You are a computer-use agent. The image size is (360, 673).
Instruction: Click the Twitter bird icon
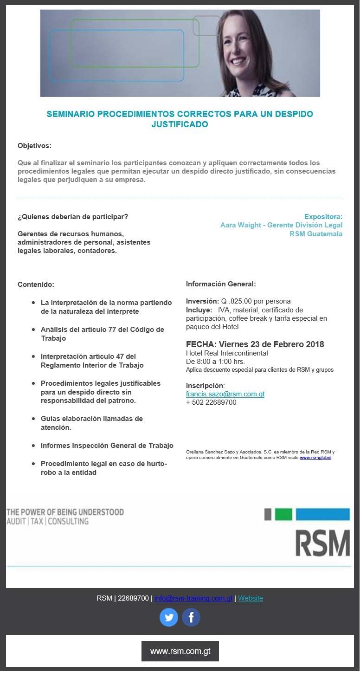click(169, 617)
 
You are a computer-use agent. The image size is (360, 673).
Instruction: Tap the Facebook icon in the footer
click(191, 617)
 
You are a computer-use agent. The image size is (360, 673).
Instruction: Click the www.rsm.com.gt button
click(180, 651)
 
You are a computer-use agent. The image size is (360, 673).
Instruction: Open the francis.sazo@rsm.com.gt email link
click(225, 394)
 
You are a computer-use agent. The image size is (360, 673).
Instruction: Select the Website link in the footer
click(251, 598)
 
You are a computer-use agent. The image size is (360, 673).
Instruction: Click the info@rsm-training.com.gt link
click(193, 598)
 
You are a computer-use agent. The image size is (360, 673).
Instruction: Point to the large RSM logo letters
click(323, 543)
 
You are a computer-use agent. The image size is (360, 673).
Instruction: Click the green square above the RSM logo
click(283, 514)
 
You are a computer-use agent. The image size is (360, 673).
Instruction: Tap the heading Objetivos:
click(34, 146)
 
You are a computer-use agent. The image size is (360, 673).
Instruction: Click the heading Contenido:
click(36, 285)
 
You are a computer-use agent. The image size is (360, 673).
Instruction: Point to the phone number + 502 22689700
click(211, 402)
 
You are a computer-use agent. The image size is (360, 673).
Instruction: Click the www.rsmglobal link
click(315, 458)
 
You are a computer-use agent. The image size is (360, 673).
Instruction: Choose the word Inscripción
click(205, 386)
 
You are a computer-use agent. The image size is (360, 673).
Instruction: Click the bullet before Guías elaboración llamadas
click(33, 419)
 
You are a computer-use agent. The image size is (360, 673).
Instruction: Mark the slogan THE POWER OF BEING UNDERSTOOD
click(65, 512)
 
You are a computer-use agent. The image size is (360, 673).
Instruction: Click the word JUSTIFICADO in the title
click(180, 124)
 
